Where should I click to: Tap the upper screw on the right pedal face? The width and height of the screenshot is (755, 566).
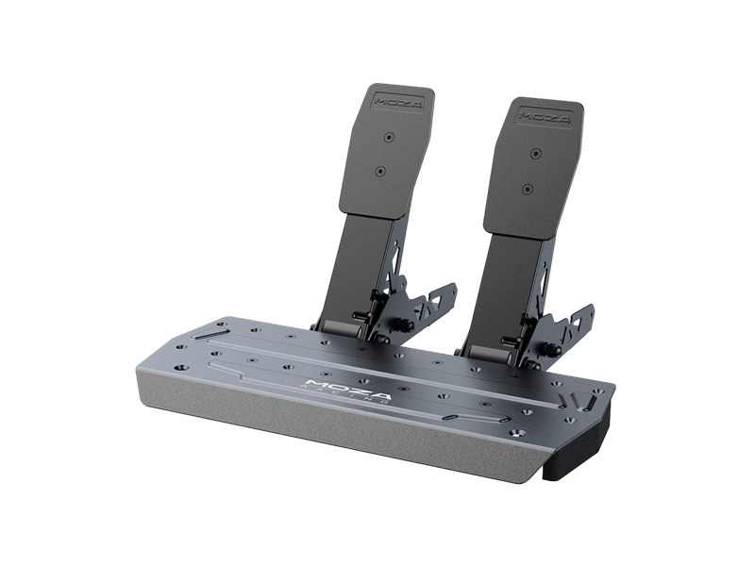click(536, 153)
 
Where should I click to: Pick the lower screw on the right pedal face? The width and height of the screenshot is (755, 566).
click(525, 189)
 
